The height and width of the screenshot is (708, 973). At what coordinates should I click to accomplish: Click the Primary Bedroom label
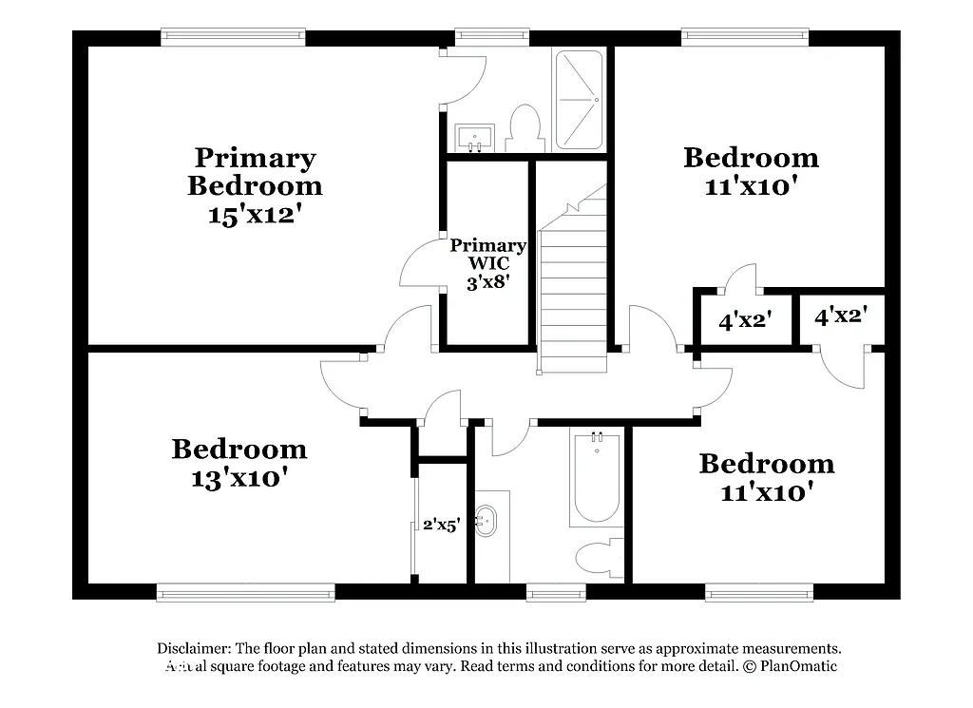click(x=254, y=171)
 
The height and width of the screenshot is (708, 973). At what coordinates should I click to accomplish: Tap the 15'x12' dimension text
click(x=254, y=215)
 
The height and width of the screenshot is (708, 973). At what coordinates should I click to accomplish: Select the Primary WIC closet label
click(x=487, y=254)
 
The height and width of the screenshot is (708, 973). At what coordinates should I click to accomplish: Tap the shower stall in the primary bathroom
click(x=579, y=100)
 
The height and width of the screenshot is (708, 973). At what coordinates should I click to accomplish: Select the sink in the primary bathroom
click(x=472, y=137)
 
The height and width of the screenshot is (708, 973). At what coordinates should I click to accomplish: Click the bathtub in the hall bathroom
click(x=597, y=480)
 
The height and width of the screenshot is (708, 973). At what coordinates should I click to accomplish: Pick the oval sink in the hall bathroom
click(x=486, y=520)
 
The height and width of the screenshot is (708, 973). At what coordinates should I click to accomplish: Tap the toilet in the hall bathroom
click(x=600, y=557)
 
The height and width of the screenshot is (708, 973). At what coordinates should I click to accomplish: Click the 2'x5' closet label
click(x=442, y=524)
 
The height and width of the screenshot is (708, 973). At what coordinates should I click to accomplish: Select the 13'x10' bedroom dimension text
click(x=238, y=478)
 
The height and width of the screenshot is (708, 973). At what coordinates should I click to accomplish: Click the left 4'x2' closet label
click(x=743, y=321)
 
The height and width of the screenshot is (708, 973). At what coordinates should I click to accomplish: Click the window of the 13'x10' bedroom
click(x=246, y=593)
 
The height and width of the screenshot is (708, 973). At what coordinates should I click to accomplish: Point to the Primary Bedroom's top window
click(x=234, y=37)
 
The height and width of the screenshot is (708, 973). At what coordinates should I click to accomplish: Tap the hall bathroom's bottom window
click(x=557, y=593)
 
